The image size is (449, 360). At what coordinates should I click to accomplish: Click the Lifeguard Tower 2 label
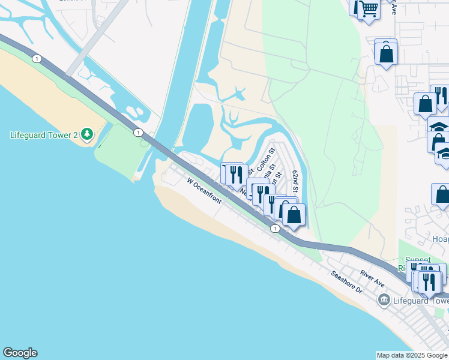pos(44,134)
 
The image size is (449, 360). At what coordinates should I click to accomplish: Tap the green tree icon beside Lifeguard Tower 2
pos(88,134)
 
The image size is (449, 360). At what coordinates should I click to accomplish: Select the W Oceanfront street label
pos(204,190)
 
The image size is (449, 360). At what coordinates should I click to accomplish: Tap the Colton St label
pos(265,158)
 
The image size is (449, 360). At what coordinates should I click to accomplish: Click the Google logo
pos(20,353)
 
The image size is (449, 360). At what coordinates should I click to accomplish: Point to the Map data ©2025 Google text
pos(411,355)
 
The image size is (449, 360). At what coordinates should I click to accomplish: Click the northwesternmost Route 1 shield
pos(37,58)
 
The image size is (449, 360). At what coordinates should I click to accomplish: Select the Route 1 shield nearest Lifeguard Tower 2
pos(139,132)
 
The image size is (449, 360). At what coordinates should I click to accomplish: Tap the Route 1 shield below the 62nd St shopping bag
pos(274,229)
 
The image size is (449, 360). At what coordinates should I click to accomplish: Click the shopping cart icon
pos(369,8)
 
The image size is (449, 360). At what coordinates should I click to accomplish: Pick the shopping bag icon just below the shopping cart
pos(386,53)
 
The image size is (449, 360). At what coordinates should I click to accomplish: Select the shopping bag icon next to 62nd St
pos(294,215)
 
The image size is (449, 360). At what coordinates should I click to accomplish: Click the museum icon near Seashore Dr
pos(382,299)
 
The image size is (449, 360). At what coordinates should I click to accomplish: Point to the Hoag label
pos(440,239)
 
